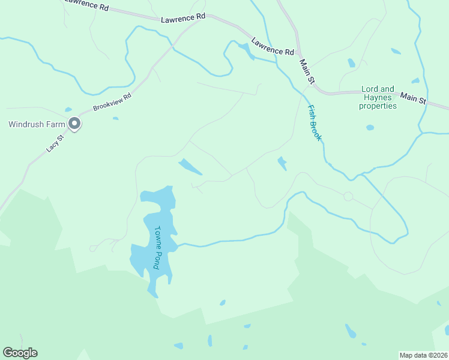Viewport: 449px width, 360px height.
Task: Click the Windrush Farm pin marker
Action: (x=74, y=124)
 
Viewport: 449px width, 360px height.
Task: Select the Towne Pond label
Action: (x=158, y=247)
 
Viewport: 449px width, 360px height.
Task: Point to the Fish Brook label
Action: (x=315, y=123)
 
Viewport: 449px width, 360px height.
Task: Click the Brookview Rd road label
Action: (x=112, y=103)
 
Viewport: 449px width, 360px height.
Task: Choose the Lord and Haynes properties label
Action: (x=378, y=98)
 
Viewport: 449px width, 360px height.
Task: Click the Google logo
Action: (x=20, y=353)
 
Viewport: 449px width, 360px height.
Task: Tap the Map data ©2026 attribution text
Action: (x=424, y=355)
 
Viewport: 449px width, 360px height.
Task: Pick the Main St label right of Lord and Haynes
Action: (x=413, y=97)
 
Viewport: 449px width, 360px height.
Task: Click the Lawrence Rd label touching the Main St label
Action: (x=273, y=47)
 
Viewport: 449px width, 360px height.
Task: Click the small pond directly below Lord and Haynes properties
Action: (x=370, y=127)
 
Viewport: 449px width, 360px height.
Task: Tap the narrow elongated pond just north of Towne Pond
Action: (x=190, y=167)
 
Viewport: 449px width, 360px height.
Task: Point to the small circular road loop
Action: (x=348, y=196)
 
